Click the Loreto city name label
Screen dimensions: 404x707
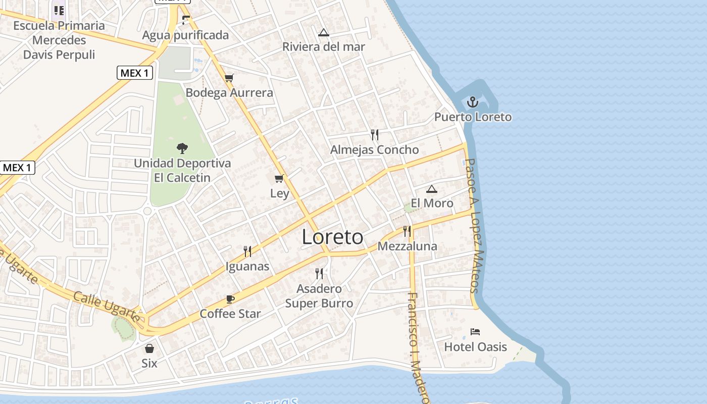[x=332, y=237]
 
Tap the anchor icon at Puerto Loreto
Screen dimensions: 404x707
[x=472, y=103]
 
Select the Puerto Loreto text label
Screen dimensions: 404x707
[x=473, y=117]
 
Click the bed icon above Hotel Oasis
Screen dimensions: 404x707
[x=475, y=332]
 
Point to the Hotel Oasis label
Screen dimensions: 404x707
[x=475, y=347]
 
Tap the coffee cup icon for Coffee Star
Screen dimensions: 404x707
[x=230, y=299]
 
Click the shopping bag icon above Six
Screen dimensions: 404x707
[x=149, y=348]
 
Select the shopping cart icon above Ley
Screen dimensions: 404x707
[x=279, y=179]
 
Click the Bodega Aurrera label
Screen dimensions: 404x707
[x=229, y=93]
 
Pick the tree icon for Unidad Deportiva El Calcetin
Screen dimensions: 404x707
[x=182, y=148]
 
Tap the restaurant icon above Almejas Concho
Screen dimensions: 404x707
[x=374, y=135]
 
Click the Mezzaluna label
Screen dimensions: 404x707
[x=407, y=246]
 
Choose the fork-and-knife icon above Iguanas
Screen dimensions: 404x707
[x=247, y=251]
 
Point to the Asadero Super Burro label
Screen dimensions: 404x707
[x=319, y=296]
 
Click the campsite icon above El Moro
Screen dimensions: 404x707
[x=431, y=189]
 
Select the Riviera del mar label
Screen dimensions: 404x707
[x=324, y=47]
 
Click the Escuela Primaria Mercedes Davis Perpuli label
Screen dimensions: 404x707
[x=59, y=40]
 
